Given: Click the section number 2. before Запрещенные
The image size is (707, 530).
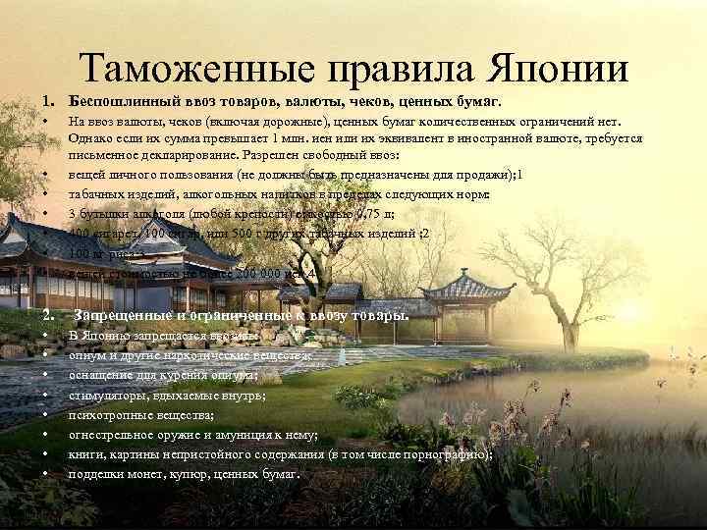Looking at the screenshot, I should click(47, 316).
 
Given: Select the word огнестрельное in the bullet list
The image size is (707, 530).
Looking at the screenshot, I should click(109, 436).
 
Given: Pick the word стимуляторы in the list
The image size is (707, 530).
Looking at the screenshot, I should click(105, 396).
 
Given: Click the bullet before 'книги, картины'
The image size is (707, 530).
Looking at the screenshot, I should click(47, 454).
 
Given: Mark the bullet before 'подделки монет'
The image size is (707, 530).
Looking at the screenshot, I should click(47, 474).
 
